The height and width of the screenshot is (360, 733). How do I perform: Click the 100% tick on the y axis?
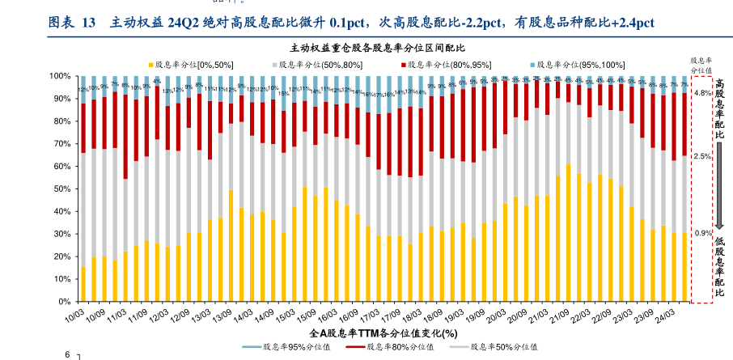(x=62, y=76)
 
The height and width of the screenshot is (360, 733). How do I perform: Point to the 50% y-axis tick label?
(x=64, y=188)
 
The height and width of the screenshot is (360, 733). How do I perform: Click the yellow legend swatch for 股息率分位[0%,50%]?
(x=149, y=64)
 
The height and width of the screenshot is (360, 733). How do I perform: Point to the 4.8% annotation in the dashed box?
(x=702, y=94)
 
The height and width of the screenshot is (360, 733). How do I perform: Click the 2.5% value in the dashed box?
(x=702, y=156)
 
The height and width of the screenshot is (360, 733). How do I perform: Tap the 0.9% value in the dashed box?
(x=702, y=234)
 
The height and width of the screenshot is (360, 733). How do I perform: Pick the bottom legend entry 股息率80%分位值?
(x=398, y=347)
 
